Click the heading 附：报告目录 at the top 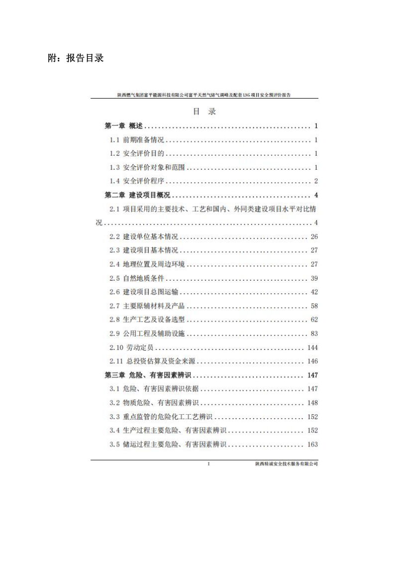tap(76, 58)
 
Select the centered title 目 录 tap(204, 112)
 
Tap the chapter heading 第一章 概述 tap(123, 126)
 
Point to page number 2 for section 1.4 tap(316, 181)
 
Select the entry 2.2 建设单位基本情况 tap(144, 236)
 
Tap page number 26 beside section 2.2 tap(314, 236)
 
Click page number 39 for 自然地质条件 tap(314, 278)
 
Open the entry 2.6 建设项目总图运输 tap(144, 292)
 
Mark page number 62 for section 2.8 tap(314, 320)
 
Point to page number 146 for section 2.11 tap(312, 361)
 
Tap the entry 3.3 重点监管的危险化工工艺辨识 tap(161, 417)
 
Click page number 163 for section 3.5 tap(312, 445)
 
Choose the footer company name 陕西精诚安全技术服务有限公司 tap(286, 464)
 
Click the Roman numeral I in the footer tap(208, 464)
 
